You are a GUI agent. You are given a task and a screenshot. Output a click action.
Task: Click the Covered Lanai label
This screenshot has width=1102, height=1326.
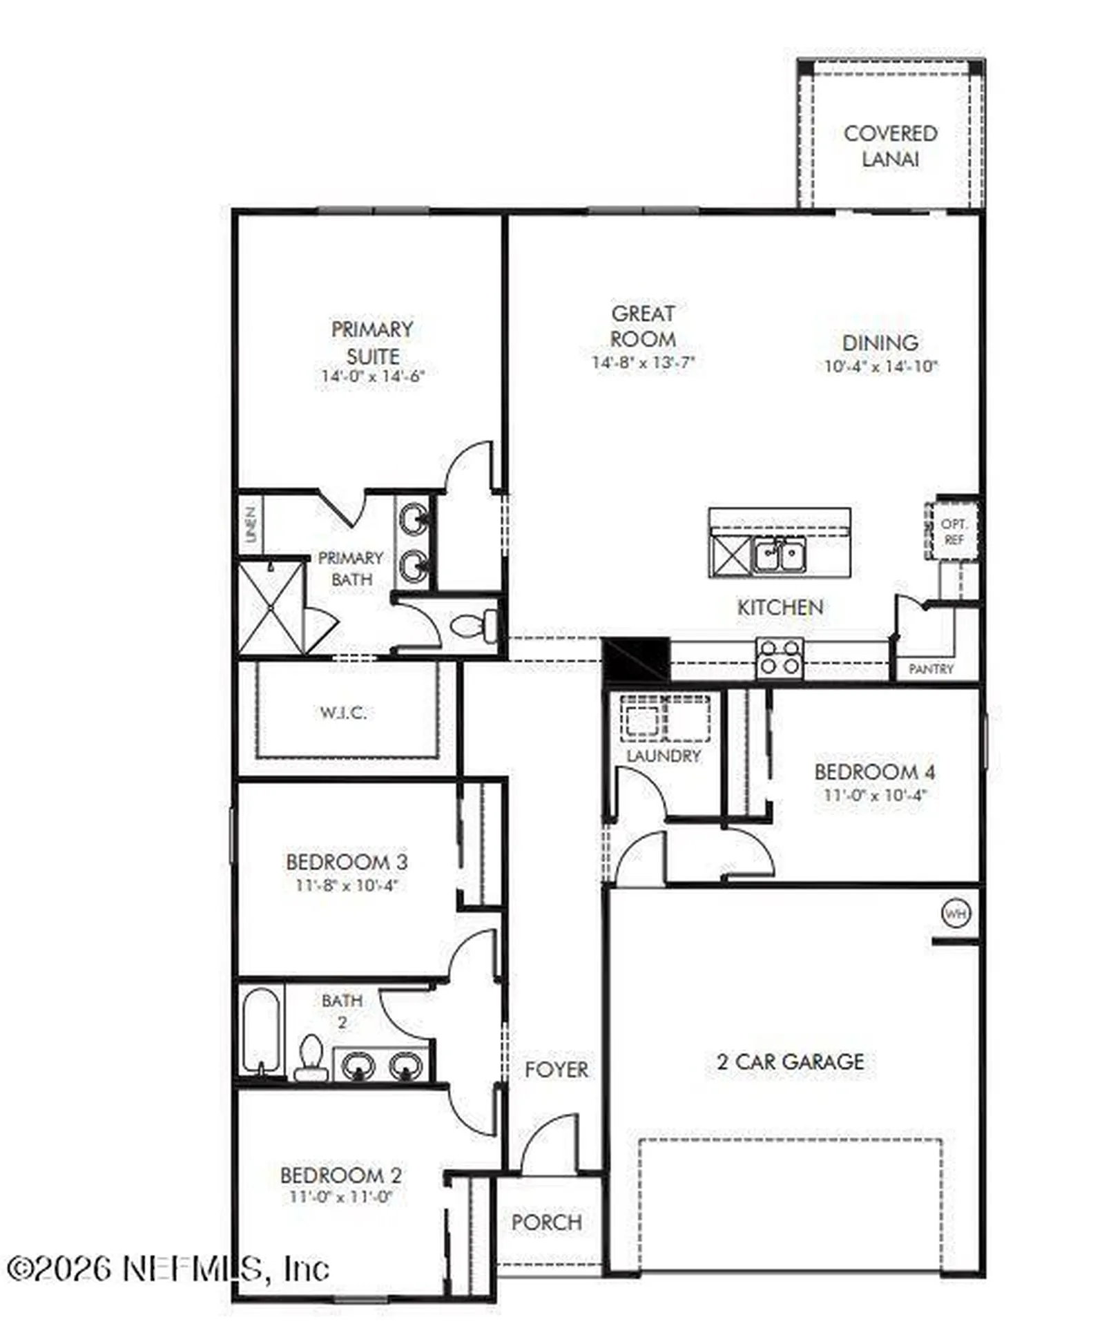890,146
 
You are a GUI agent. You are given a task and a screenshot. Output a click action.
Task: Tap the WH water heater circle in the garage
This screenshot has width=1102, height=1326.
956,914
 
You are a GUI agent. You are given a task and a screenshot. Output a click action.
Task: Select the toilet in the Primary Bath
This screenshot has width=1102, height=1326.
473,626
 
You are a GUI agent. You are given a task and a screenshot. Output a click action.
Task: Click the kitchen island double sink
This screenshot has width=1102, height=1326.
779,555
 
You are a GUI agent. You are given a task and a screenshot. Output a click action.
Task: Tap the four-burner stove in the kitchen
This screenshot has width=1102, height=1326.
780,657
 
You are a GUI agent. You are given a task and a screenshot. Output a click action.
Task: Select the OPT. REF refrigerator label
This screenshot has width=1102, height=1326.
954,532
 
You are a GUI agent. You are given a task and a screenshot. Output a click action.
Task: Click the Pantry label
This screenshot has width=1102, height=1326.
931,669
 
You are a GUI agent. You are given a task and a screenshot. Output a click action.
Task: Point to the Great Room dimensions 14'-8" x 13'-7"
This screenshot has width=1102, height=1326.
643,362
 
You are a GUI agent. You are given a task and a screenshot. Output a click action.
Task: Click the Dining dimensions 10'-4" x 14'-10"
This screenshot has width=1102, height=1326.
880,366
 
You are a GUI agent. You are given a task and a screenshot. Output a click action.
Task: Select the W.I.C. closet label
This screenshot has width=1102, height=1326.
343,712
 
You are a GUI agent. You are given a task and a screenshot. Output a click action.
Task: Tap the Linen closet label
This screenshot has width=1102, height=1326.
251,524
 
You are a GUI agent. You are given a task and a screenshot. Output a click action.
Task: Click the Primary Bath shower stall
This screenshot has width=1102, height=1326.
271,608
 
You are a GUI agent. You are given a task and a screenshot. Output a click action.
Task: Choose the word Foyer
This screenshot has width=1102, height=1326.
557,1070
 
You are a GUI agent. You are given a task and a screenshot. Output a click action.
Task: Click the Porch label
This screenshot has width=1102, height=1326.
546,1222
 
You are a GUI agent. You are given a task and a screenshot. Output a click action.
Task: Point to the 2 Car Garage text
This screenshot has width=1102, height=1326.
790,1061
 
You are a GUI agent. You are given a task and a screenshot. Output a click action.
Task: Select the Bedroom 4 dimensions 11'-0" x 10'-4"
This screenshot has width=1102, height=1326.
874,795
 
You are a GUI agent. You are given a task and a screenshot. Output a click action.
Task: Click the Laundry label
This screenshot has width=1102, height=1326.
663,756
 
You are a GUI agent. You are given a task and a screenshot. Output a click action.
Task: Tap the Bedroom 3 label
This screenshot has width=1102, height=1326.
347,862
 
